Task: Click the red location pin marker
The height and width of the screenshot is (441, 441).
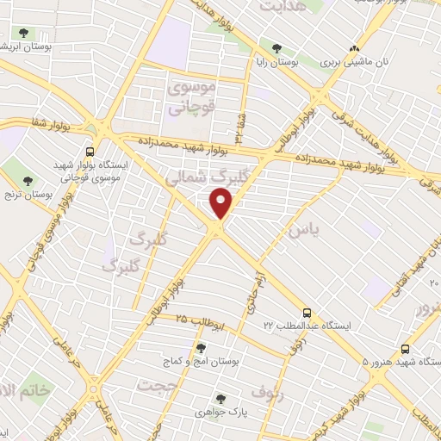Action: [x=222, y=204]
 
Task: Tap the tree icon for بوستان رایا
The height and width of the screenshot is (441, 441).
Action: [x=276, y=49]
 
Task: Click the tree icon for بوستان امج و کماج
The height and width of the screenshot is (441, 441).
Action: [x=201, y=348]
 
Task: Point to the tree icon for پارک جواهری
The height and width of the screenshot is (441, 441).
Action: [x=220, y=400]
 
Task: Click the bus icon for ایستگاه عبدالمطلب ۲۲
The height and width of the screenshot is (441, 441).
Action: [x=307, y=314]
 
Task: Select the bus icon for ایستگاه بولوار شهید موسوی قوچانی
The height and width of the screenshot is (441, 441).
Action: [x=90, y=152]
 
